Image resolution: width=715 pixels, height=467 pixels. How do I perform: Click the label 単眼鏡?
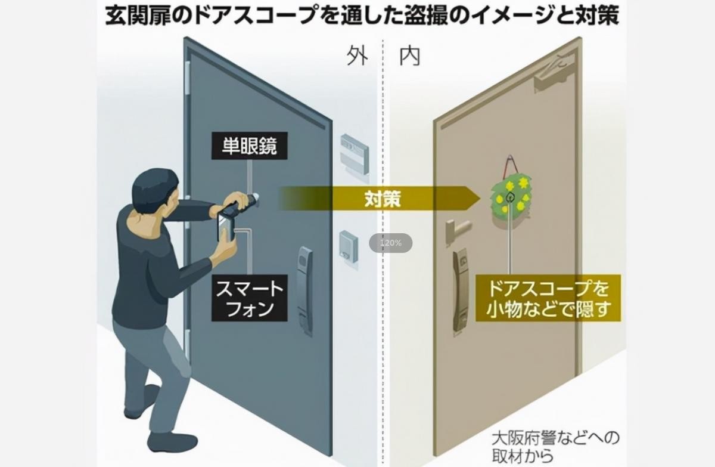[x=249, y=147]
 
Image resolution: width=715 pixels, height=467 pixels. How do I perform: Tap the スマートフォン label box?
[x=249, y=299]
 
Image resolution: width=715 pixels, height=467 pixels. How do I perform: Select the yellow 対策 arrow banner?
[x=381, y=199]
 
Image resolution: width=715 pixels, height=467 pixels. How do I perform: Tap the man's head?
[x=154, y=190]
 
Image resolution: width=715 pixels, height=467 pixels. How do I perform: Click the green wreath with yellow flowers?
[x=512, y=194]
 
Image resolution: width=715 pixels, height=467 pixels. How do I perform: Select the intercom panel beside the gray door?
[x=348, y=246]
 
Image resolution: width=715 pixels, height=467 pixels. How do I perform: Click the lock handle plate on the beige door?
[x=461, y=292]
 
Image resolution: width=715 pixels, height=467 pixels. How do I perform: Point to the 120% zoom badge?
[x=390, y=243]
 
